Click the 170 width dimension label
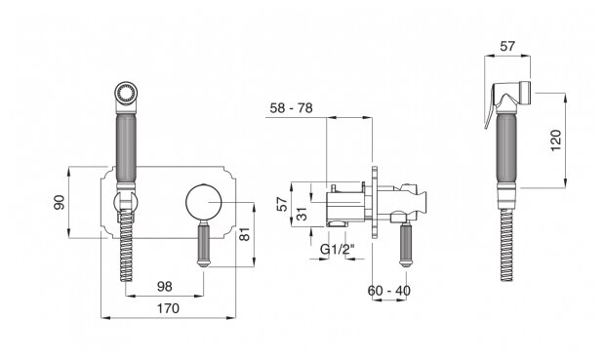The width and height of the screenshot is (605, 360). tap(168, 308)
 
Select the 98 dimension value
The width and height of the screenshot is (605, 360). tap(165, 286)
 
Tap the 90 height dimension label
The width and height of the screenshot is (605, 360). tap(59, 202)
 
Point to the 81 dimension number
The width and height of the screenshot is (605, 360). tap(245, 234)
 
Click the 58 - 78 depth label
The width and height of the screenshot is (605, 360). tap(291, 108)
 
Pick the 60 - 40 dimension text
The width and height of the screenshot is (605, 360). tap(389, 290)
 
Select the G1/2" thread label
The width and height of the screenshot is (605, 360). tap(338, 249)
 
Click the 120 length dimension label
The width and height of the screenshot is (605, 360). tap(556, 140)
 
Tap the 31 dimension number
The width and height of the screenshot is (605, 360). tap(302, 214)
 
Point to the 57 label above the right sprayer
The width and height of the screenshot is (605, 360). tap(507, 46)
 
